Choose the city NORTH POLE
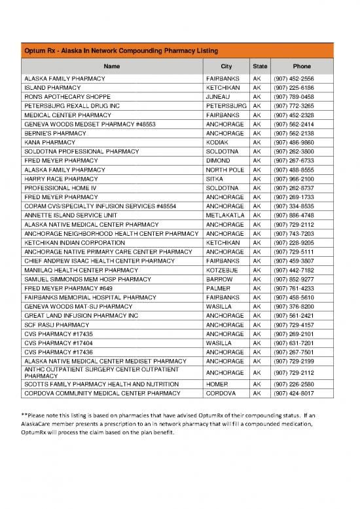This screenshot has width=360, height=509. [x=218, y=169]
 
